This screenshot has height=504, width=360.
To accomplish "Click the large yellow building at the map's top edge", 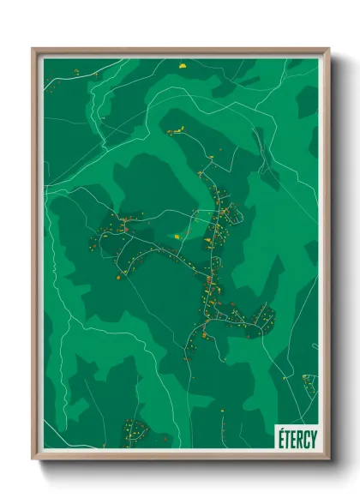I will pos(181,62).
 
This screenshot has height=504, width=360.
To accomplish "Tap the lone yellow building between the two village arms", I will pos(177,235).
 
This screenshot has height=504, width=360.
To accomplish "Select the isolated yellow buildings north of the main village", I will pos(176,131).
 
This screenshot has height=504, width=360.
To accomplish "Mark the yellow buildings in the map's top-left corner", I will pos(75,72).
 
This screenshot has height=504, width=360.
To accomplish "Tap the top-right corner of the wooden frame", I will pos(327,50).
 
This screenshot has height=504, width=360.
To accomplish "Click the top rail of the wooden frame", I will pos(181,51).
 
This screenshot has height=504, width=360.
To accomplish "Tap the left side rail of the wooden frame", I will pos(35,257).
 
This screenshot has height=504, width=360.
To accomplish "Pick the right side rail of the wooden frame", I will pos(327,257).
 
